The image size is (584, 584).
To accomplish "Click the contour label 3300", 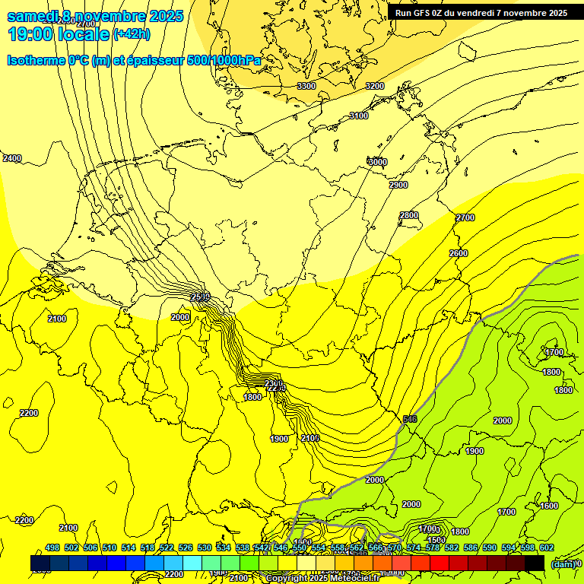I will tap(306, 86).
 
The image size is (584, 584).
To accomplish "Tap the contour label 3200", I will tap(375, 86).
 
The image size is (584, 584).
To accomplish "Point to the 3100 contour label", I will tap(359, 116).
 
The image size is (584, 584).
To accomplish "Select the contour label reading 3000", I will tap(377, 162).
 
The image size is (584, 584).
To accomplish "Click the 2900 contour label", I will tap(398, 185).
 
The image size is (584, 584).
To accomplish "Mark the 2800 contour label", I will tap(409, 215).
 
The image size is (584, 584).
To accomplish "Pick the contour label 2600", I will tap(459, 253).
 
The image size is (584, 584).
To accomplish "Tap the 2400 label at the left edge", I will tap(12, 158).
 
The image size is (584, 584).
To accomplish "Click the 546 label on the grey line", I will tap(410, 419).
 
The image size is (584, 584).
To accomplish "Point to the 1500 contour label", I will tap(436, 540).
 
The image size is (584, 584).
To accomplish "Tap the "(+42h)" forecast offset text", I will tap(132, 33).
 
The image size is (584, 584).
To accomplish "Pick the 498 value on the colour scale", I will tap(52, 547).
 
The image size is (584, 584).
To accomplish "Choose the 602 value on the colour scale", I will tap(547, 547).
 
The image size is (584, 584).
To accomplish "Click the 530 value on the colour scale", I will tap(205, 547).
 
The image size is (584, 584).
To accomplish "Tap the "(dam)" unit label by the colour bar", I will tap(563, 563).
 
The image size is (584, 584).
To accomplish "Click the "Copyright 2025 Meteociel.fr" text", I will tap(322, 579).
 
